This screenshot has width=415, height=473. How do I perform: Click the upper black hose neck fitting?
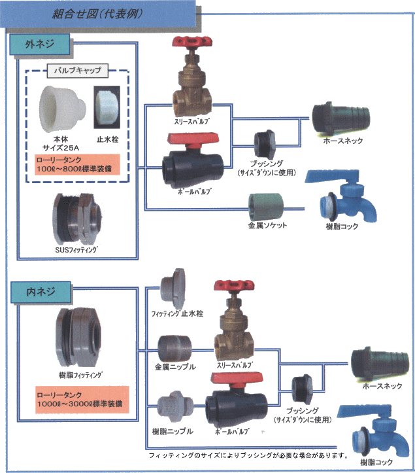tap(337, 118)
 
